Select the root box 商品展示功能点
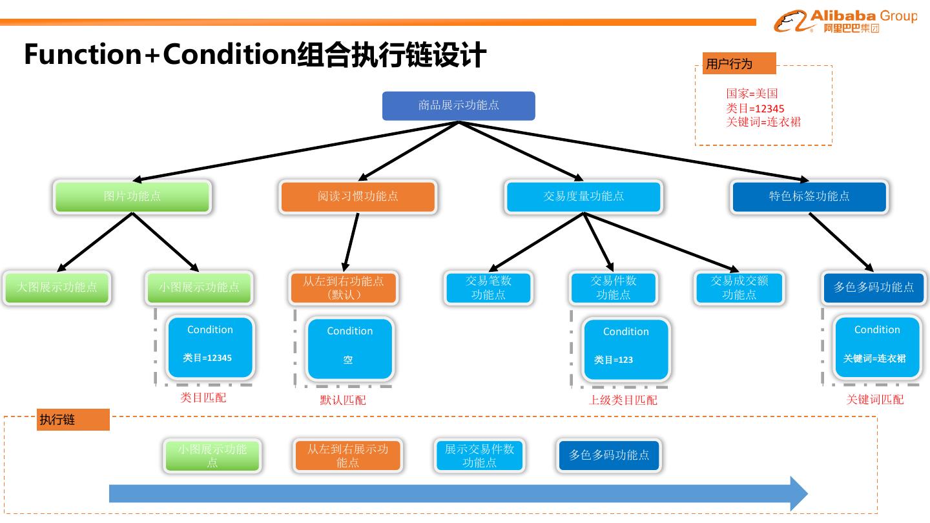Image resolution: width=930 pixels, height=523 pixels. coord(459,106)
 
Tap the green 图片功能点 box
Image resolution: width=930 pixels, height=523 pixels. coord(132,196)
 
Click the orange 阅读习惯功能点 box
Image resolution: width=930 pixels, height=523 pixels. coord(358,196)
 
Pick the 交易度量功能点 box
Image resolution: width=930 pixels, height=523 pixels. coord(583,196)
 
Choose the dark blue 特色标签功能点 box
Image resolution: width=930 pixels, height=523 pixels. coord(809,196)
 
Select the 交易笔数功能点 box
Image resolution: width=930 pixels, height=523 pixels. coord(488,288)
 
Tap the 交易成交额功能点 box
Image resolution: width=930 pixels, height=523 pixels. coord(739,288)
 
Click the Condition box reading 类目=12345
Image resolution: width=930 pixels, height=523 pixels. coord(210,347)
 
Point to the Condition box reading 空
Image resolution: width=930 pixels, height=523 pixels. coord(349,349)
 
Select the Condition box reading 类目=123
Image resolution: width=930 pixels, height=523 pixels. coord(625,349)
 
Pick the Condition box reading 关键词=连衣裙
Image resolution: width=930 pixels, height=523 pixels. coord(876,347)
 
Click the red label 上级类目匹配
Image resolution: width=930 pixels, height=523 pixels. coord(623,400)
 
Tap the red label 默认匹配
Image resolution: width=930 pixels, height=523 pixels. coord(343,400)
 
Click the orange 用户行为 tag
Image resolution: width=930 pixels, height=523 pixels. coord(739,64)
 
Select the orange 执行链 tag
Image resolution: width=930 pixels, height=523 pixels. coord(73,420)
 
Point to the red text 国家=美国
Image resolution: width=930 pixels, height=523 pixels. coord(752,94)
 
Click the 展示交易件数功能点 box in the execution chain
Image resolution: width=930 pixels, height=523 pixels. coord(479,456)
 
